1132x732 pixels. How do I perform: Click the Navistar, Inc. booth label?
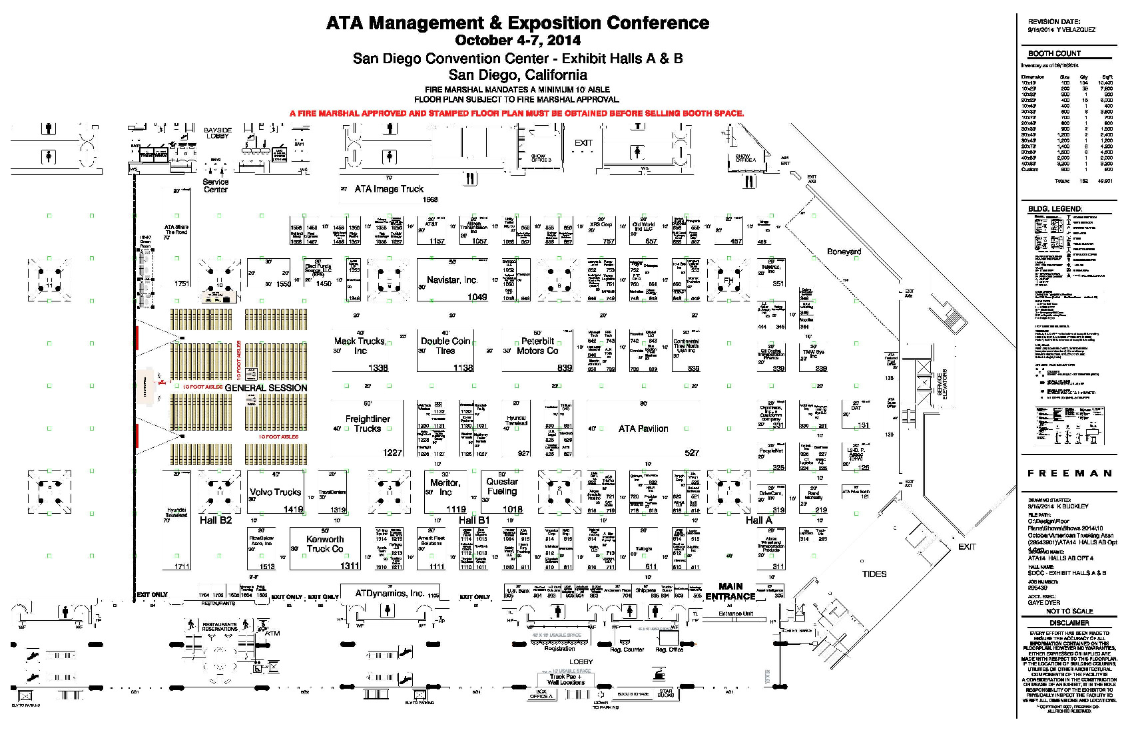point(451,280)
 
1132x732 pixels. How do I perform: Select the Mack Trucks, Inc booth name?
point(360,346)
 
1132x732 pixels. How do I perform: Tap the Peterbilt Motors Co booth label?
point(537,346)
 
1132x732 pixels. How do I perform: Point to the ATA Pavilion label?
point(643,429)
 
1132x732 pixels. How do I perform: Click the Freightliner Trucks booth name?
point(368,424)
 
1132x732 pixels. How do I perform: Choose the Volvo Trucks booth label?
point(275,492)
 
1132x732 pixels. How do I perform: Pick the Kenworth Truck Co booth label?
point(325,544)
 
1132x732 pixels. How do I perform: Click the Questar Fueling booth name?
point(502,486)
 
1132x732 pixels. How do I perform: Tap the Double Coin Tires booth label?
point(445,346)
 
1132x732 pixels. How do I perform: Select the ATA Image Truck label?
point(389,189)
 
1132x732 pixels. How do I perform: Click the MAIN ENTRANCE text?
point(730,592)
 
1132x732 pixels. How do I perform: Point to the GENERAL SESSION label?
point(266,388)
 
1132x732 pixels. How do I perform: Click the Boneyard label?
point(844,252)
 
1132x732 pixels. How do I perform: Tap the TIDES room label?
point(874,574)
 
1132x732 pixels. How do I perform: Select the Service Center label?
point(216,186)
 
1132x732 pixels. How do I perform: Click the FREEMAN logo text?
point(1069,473)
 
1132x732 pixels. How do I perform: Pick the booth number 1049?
point(477,297)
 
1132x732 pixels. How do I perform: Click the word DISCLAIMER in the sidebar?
point(1069,623)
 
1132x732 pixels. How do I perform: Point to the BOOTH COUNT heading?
point(1054,53)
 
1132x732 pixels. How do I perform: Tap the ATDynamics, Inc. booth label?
point(390,593)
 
